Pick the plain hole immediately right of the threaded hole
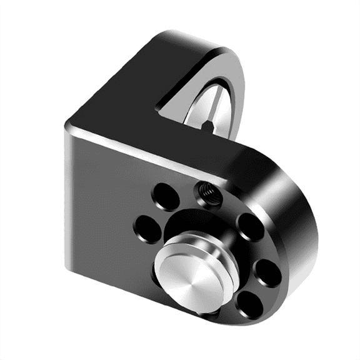pyautogui.click(x=249, y=226)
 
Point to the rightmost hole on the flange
pyautogui.click(x=268, y=271)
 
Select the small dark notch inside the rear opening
pyautogui.click(x=206, y=126)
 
